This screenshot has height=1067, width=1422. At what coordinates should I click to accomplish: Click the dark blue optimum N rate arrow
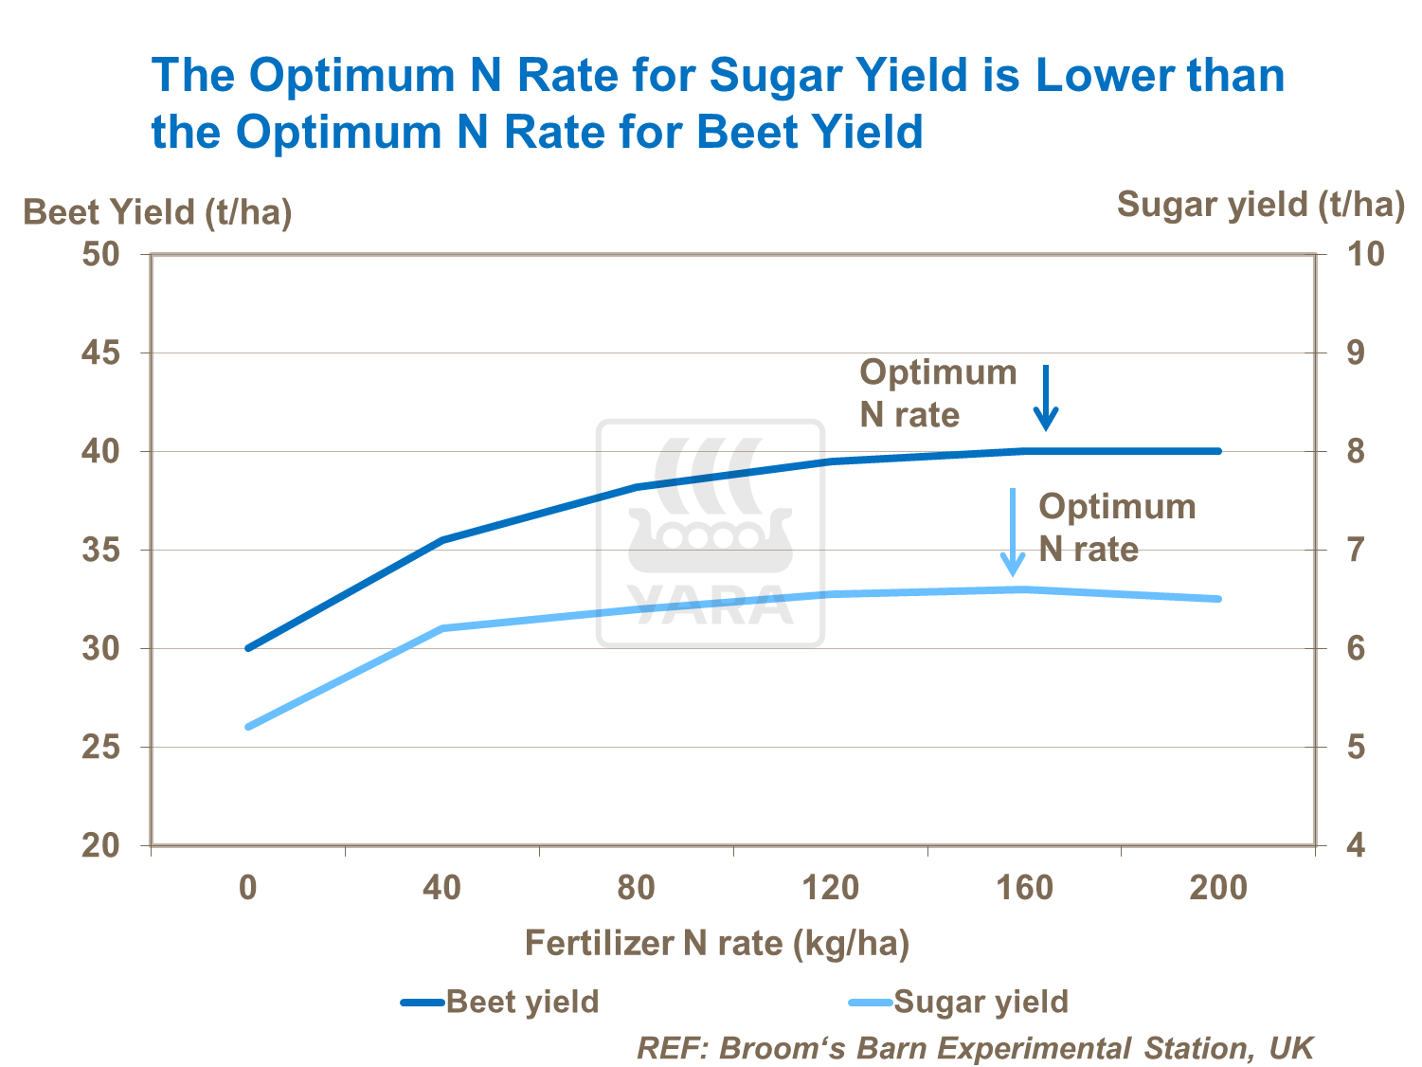point(1046,398)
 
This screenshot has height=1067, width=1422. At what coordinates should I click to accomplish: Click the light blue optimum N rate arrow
point(1013,532)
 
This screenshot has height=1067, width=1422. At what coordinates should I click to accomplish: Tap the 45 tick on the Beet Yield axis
point(100,353)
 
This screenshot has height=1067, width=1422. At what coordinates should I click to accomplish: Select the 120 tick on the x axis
point(830,888)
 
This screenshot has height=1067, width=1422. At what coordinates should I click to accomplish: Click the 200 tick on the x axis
point(1218,888)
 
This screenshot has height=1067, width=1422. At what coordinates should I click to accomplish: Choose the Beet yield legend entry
point(500,1002)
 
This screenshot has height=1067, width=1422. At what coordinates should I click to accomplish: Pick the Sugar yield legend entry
point(958,1002)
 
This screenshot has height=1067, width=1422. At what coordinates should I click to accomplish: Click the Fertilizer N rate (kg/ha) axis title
point(717,943)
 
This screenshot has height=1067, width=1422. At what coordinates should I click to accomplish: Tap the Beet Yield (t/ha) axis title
point(157,211)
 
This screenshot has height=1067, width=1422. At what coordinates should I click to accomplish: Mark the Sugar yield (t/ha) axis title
point(1260,204)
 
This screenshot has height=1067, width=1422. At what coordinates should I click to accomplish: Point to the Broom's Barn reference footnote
point(975,1048)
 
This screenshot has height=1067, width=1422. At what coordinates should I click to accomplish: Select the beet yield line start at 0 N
point(248,648)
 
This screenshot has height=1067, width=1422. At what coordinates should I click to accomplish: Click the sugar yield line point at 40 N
point(442,628)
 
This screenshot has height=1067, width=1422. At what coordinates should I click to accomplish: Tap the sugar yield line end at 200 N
point(1218,599)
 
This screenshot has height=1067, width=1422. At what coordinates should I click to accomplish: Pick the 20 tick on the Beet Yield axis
point(100,845)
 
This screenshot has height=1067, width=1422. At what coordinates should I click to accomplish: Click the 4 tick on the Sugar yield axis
point(1356,845)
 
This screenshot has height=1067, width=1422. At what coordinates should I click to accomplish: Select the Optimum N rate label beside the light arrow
point(1117,528)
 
